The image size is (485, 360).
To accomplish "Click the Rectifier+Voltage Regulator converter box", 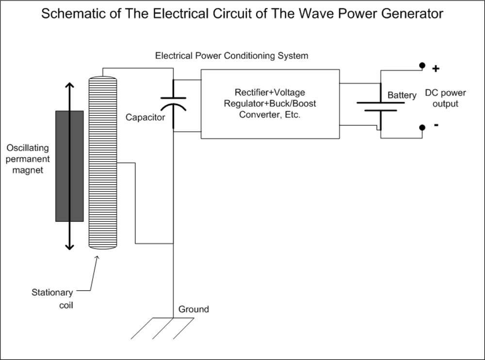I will [x=270, y=104].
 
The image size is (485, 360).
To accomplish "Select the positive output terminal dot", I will [x=422, y=65].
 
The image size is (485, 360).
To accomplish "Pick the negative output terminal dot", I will [x=422, y=127].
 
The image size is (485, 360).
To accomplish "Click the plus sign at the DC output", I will [x=436, y=68].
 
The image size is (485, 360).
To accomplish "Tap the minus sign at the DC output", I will [x=436, y=125].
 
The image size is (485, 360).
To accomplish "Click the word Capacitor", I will [x=145, y=117].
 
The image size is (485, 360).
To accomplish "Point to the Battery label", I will [x=402, y=95].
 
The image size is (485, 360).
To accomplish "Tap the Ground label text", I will [x=194, y=309].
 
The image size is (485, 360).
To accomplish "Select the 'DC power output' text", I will [x=445, y=98].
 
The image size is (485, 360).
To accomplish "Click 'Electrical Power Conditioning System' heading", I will [x=231, y=56].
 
